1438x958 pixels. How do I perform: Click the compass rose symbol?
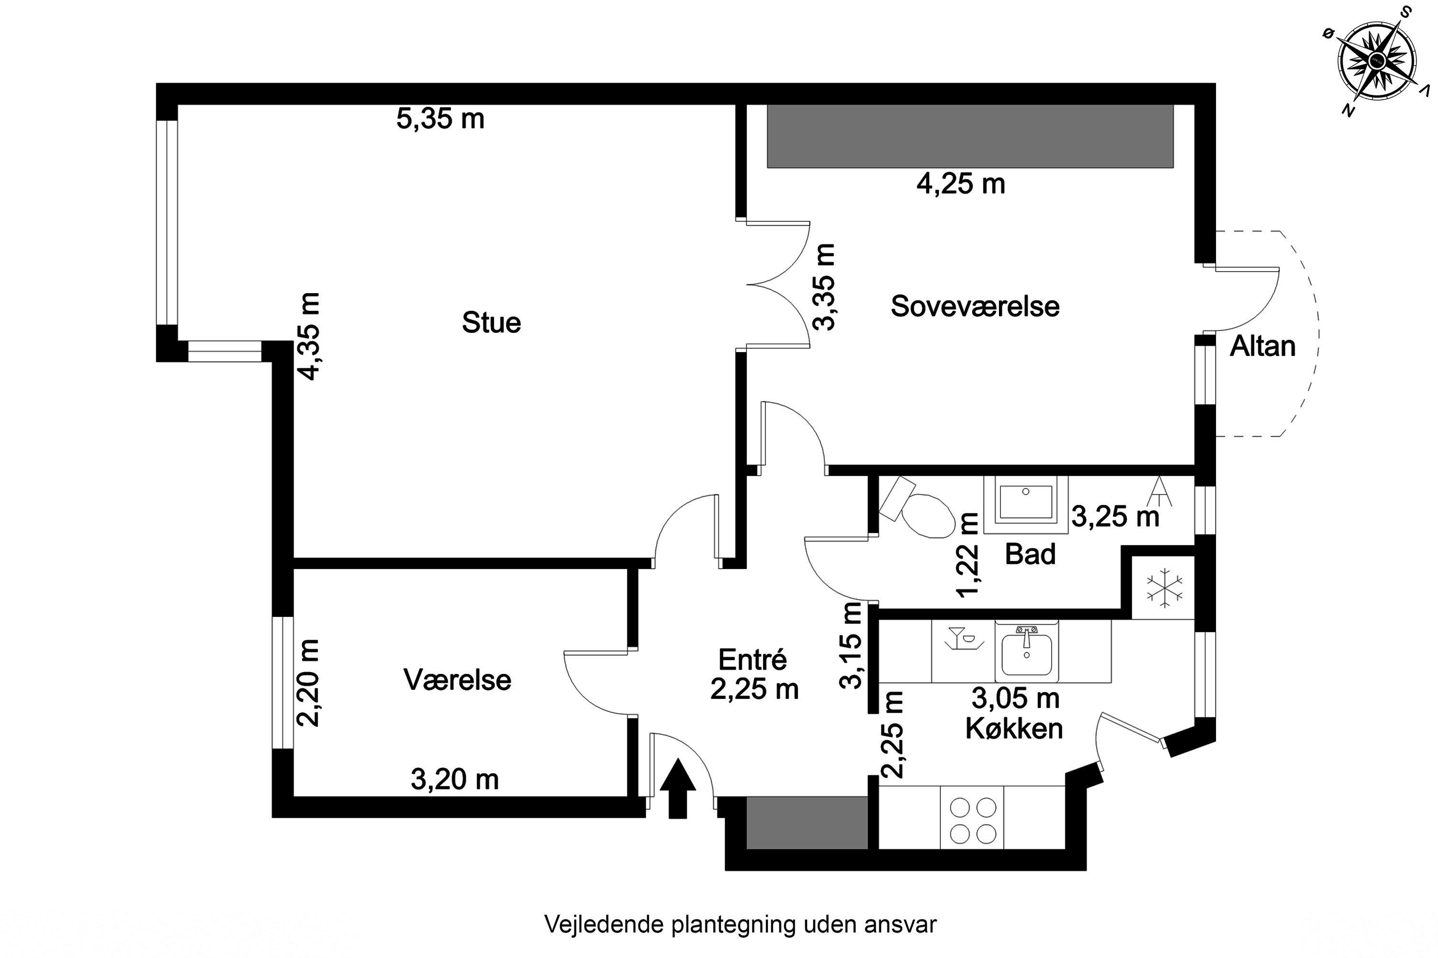(1376, 61)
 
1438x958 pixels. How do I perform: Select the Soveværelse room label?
(974, 306)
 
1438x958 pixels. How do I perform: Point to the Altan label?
(1263, 346)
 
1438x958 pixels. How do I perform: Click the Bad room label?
(1030, 554)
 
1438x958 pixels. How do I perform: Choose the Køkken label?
(1014, 728)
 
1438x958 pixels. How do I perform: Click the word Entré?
(752, 660)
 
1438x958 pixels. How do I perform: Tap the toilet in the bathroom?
(923, 513)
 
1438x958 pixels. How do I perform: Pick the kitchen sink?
(1027, 652)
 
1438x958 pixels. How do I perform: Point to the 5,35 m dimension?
(440, 118)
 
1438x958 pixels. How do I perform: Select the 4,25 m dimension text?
(961, 183)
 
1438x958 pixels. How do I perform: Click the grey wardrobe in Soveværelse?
(970, 136)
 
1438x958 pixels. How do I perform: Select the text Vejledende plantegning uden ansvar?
(740, 924)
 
